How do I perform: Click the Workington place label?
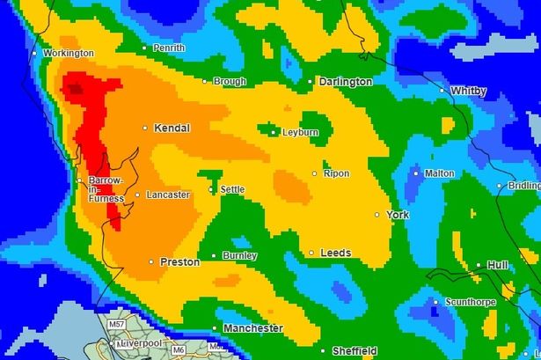[68, 54]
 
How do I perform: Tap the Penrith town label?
[167, 47]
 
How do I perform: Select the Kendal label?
[172, 129]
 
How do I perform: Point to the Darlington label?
[346, 82]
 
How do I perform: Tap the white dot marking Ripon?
[315, 173]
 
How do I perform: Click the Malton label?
[439, 173]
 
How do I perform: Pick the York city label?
[398, 215]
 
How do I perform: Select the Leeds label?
[335, 253]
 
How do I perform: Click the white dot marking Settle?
[211, 189]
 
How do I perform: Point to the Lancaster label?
[168, 195]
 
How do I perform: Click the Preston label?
[179, 261]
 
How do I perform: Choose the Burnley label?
[240, 256]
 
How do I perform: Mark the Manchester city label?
[253, 328]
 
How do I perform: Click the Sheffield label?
[355, 350]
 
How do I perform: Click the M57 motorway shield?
[116, 326]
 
